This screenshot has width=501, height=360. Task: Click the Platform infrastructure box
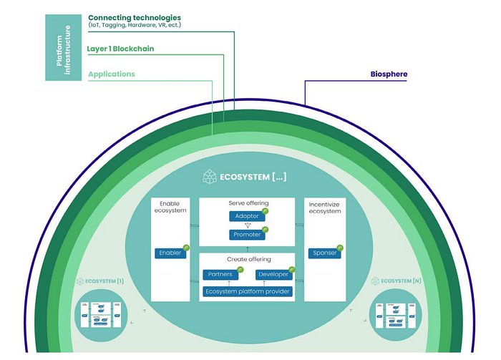tap(64, 47)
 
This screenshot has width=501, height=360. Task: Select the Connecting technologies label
tap(135, 17)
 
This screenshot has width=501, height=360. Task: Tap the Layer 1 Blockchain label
tap(121, 49)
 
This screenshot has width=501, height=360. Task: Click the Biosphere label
tap(389, 74)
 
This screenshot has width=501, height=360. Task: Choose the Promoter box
tap(247, 235)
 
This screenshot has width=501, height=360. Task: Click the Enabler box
tap(169, 253)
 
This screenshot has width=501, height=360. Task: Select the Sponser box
tap(325, 253)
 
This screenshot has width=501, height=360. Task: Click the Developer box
tap(273, 274)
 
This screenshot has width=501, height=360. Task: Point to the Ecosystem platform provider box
tap(248, 291)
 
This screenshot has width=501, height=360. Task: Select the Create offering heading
tap(248, 258)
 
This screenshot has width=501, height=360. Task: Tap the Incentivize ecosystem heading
tap(324, 208)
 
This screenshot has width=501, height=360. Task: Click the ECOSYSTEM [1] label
tap(105, 281)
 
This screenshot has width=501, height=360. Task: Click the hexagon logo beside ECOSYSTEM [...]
tap(210, 176)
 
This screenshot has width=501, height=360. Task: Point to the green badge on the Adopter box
tap(265, 212)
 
